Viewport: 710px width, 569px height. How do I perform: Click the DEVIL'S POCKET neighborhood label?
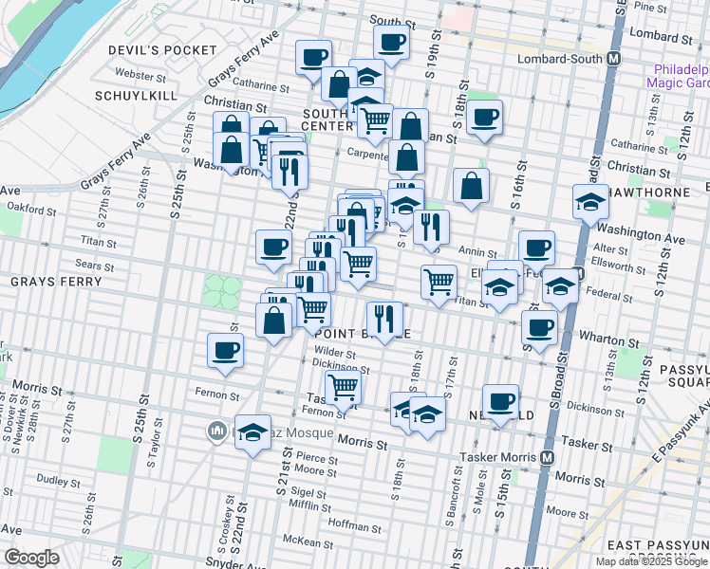tap(163, 49)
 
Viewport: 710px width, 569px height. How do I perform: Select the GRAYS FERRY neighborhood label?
tap(48, 283)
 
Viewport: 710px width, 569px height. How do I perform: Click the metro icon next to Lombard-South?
tap(615, 59)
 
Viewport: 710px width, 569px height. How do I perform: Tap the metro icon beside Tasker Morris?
tap(548, 457)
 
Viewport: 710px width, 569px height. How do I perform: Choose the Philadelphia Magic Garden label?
tap(679, 76)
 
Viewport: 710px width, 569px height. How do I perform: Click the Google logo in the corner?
tap(30, 558)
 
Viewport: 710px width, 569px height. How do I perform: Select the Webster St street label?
tap(140, 73)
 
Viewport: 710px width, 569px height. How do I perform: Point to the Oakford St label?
tap(26, 204)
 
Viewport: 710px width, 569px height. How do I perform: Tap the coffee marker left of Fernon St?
tap(226, 350)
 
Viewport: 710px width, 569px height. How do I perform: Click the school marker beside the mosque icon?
tap(252, 433)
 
